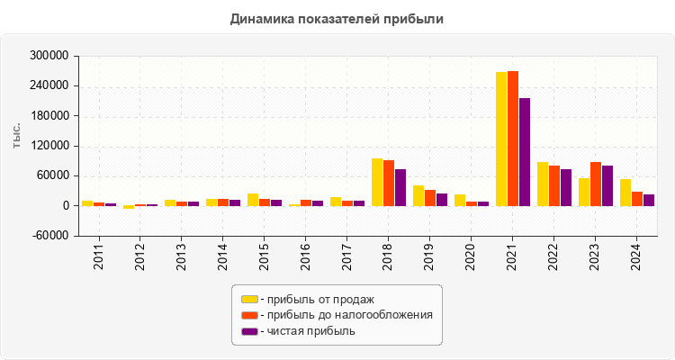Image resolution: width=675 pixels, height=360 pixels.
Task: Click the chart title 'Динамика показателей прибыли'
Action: tap(337, 18)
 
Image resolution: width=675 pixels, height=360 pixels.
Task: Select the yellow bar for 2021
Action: tap(501, 139)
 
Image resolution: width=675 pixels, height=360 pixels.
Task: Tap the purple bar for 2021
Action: tap(525, 152)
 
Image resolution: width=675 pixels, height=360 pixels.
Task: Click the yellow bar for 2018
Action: tap(377, 182)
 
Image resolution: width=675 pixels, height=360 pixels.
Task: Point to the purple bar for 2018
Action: tap(400, 187)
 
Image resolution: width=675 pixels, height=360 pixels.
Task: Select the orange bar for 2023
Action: tap(596, 184)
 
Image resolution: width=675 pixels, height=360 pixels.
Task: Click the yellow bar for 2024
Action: tap(625, 193)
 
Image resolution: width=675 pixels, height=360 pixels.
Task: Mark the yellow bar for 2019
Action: tap(418, 195)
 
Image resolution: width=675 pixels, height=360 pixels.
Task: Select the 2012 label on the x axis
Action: tap(139, 255)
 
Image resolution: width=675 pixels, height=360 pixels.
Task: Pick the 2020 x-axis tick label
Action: tap(471, 255)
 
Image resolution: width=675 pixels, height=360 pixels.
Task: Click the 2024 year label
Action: tap(636, 255)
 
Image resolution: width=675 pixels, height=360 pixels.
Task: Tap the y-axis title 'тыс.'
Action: tap(17, 135)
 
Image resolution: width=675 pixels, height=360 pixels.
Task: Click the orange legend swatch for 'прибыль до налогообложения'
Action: tap(249, 315)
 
